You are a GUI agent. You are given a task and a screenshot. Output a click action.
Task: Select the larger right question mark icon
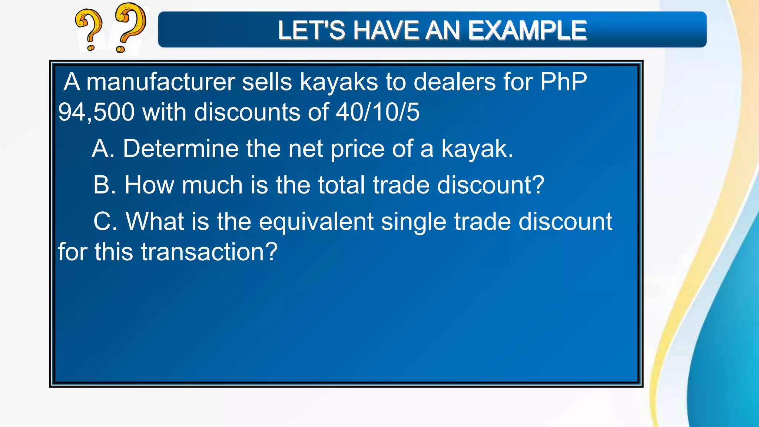(129, 27)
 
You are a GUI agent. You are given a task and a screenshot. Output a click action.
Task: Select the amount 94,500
(96, 112)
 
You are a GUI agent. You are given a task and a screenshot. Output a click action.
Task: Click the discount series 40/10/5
(378, 112)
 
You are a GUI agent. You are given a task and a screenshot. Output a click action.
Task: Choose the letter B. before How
(105, 185)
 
